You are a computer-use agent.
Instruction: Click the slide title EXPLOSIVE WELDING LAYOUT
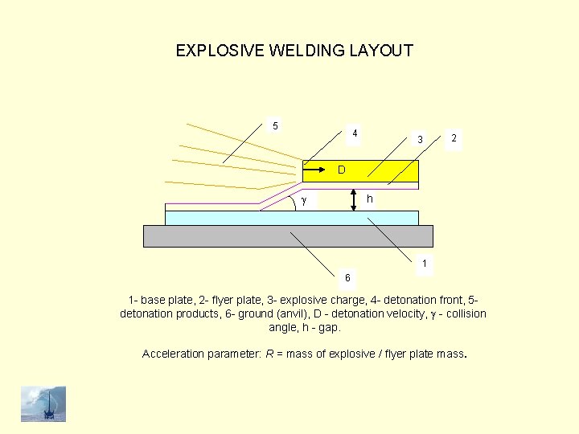click(x=294, y=51)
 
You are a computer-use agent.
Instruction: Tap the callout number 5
click(x=276, y=125)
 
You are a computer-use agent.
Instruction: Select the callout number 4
click(x=355, y=133)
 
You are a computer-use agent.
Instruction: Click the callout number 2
click(x=454, y=138)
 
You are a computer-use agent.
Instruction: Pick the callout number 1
click(x=425, y=263)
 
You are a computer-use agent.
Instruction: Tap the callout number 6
click(x=347, y=277)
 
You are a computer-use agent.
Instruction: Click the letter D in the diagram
click(x=342, y=170)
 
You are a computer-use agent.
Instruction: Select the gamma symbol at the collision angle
click(x=303, y=199)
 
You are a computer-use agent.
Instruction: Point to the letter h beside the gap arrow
click(x=369, y=199)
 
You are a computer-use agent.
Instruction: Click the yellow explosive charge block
click(x=386, y=170)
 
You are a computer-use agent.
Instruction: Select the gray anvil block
click(x=287, y=235)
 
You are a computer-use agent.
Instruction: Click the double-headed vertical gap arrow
click(x=355, y=200)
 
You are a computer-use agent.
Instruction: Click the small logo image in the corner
click(x=43, y=403)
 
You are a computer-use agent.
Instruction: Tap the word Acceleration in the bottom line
click(x=173, y=354)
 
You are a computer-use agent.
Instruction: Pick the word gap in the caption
click(x=329, y=328)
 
